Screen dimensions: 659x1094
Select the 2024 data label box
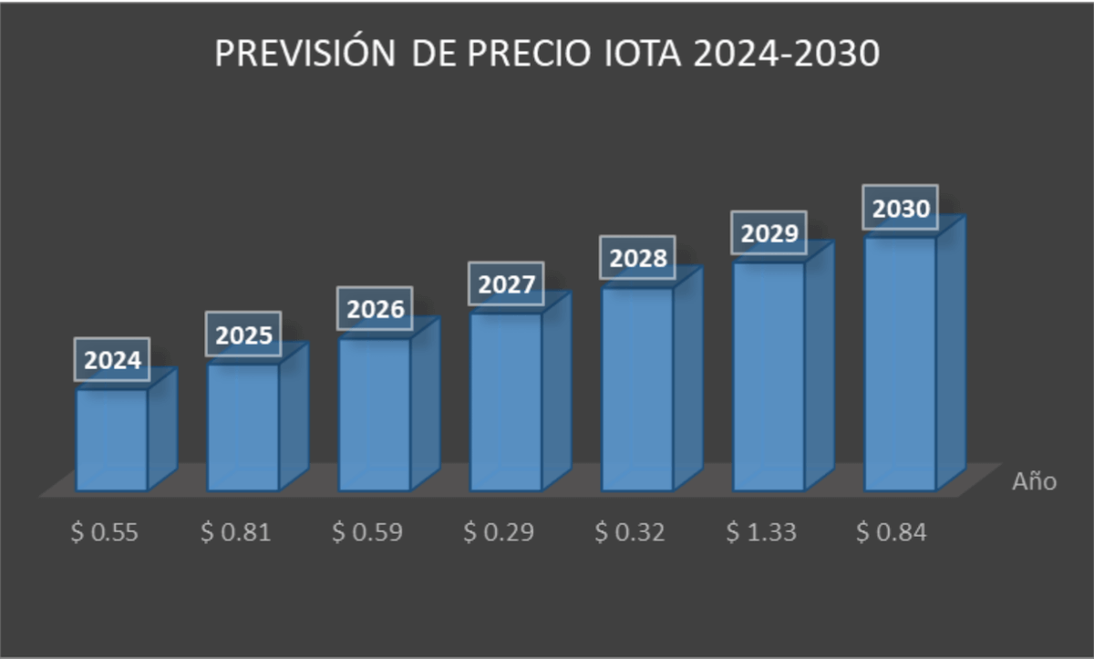coord(113,361)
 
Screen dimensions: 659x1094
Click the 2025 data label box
coord(243,335)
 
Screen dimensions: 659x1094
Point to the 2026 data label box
coord(376,310)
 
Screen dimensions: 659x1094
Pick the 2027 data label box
coord(507,284)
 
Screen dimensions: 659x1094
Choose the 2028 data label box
coord(638,259)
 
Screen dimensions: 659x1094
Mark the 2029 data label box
coord(769,233)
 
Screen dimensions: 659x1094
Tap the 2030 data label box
coord(901,210)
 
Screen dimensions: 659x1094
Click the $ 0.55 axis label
coord(105,533)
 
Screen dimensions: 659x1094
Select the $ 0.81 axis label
coord(236,533)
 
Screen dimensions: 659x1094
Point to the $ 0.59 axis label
coord(367,533)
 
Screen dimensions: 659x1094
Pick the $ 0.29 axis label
coord(499,533)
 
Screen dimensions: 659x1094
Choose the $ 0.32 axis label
coord(630,533)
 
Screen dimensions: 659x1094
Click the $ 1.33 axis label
coord(761,533)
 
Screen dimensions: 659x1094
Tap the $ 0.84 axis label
coord(892,533)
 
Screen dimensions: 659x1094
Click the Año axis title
coord(1035,481)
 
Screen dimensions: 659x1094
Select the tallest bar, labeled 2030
coord(901,365)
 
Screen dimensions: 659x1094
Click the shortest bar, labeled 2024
coord(112,439)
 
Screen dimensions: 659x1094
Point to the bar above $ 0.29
coord(506,401)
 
